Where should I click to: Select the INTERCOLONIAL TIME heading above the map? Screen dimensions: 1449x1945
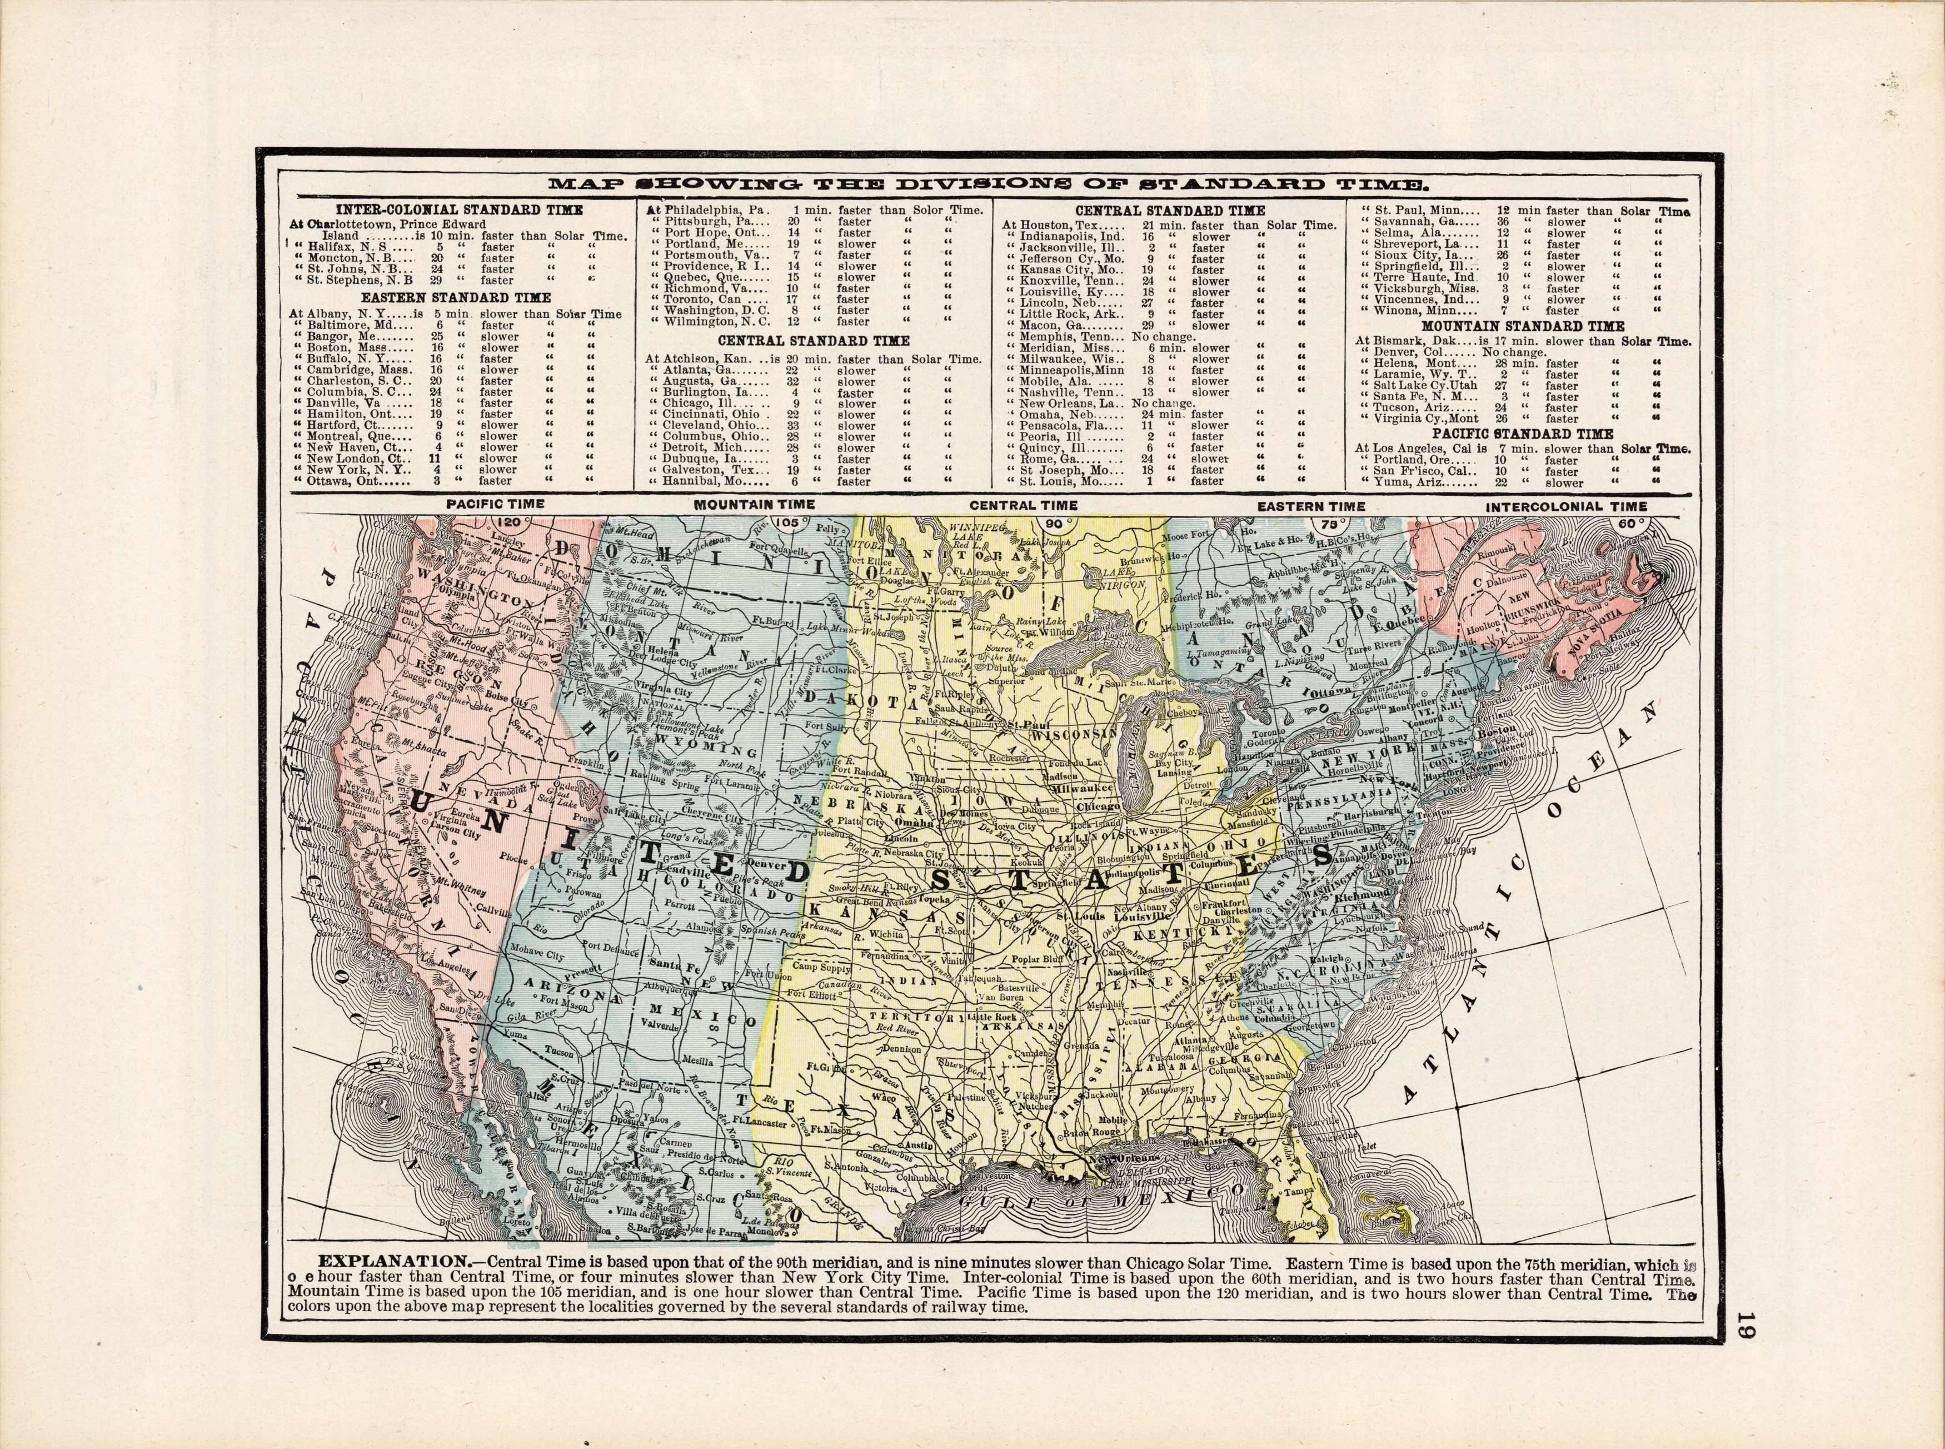1566,506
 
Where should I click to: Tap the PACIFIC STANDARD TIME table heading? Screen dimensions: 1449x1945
1522,434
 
